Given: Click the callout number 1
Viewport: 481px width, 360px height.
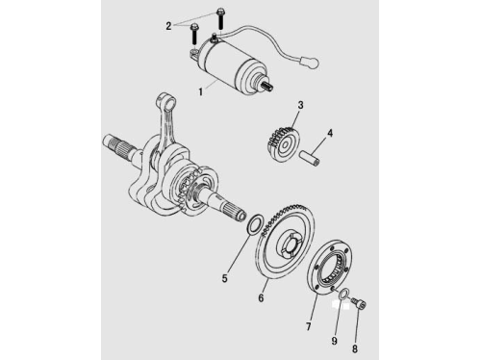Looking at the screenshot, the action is (201, 91).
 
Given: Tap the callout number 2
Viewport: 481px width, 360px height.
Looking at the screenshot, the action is (168, 26).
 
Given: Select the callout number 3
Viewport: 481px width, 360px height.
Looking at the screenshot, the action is (300, 105).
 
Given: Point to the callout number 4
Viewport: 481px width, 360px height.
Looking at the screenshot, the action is (330, 133).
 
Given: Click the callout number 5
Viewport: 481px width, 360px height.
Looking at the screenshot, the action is (224, 278).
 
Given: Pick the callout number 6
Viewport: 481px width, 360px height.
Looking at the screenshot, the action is (261, 297).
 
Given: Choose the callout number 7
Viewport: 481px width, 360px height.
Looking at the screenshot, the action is (309, 326).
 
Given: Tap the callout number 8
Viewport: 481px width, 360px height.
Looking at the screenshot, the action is (355, 348).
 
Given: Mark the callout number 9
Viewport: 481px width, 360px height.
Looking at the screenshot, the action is (335, 341).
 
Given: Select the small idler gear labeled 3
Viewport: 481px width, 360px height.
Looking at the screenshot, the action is (283, 143).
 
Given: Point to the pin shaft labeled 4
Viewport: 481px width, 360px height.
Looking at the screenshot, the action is (309, 159).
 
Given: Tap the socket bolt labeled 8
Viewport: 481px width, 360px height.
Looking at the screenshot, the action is (359, 303).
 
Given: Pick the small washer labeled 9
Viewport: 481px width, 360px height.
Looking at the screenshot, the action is (342, 294).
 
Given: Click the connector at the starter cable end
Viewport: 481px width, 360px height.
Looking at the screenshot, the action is (309, 62).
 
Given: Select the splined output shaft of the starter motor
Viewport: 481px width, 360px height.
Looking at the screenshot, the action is (267, 86).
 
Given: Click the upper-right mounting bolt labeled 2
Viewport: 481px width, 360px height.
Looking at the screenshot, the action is (220, 19).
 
